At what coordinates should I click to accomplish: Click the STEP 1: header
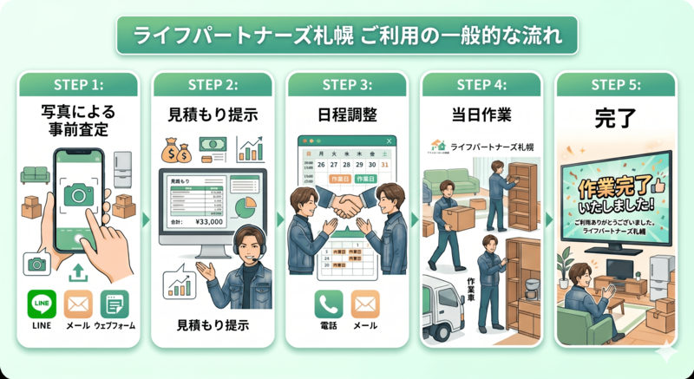tap(78, 84)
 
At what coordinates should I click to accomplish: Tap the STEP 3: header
tap(347, 84)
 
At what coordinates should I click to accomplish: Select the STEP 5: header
tap(616, 84)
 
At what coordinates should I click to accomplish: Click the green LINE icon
tap(42, 304)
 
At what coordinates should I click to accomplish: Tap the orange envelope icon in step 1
tap(78, 304)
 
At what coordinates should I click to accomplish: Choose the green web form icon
tap(115, 304)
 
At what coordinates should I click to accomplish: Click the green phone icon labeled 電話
tap(329, 304)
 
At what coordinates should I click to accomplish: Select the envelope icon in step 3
tap(365, 304)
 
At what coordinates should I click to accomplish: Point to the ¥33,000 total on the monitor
tap(206, 220)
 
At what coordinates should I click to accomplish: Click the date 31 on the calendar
tap(385, 164)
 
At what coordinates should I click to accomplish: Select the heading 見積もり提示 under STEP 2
tap(213, 114)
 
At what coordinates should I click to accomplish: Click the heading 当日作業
tap(481, 114)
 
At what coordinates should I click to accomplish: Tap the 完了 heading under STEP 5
tap(616, 114)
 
